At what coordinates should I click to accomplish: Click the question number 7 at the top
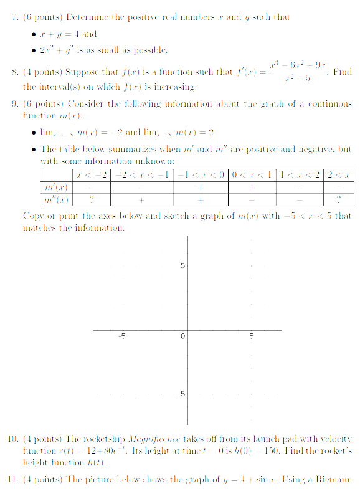(x=15, y=17)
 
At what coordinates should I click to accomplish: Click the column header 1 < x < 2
(x=300, y=174)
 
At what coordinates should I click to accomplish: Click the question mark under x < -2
(x=92, y=199)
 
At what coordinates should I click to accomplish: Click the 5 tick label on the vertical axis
(x=182, y=266)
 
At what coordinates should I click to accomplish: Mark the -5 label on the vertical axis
(x=181, y=394)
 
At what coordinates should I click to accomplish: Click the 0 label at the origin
(x=182, y=337)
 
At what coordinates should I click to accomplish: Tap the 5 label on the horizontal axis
(x=252, y=337)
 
